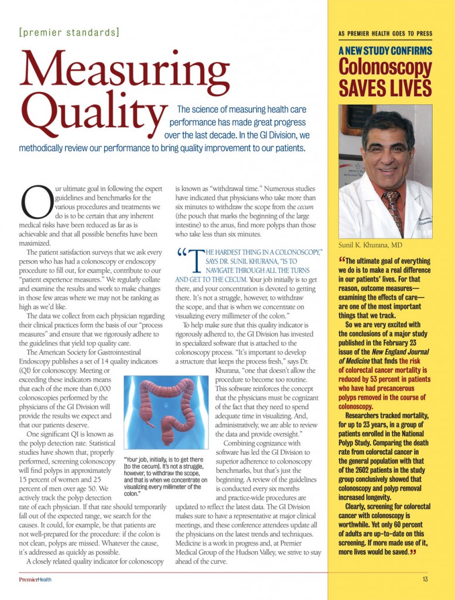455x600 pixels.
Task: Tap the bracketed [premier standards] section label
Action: tap(69, 32)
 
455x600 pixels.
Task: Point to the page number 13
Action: tap(425, 579)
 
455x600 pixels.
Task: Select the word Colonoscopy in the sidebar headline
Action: tap(385, 68)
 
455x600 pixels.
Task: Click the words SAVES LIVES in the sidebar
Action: tap(385, 88)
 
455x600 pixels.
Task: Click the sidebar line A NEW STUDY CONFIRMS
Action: tap(385, 51)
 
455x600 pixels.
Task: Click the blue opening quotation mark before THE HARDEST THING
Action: tap(182, 254)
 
